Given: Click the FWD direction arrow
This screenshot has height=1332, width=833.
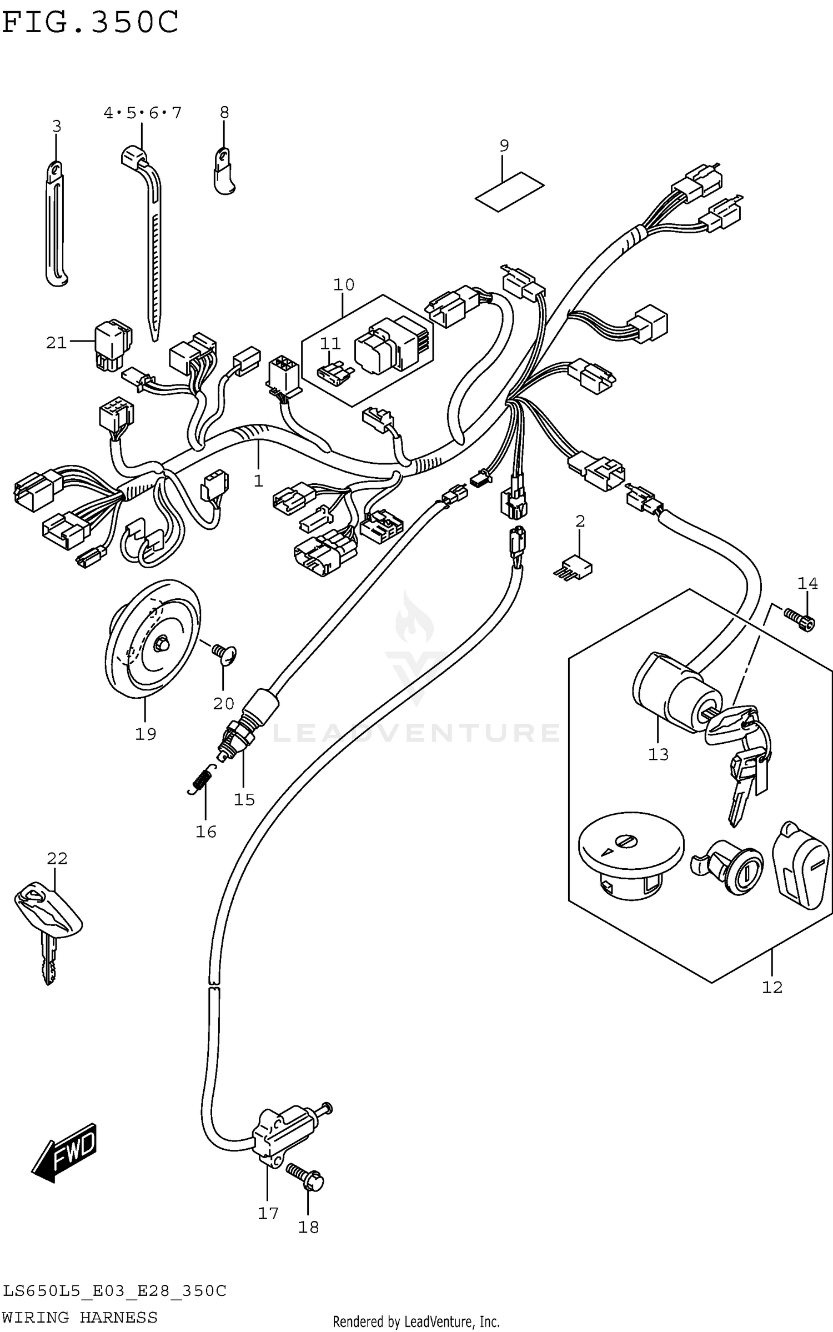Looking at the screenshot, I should pyautogui.click(x=64, y=1152).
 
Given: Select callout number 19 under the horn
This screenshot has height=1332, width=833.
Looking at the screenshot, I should pyautogui.click(x=145, y=734).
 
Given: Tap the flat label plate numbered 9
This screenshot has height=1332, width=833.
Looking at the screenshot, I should pyautogui.click(x=509, y=192).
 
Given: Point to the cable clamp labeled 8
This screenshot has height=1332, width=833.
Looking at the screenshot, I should pyautogui.click(x=224, y=172).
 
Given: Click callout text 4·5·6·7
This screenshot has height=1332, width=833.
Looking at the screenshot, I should pyautogui.click(x=142, y=113).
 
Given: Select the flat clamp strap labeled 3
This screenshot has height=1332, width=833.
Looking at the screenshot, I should pyautogui.click(x=56, y=222).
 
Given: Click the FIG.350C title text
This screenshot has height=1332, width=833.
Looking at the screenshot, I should pyautogui.click(x=90, y=22).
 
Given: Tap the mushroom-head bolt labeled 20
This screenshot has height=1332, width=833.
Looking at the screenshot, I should pyautogui.click(x=224, y=654).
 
